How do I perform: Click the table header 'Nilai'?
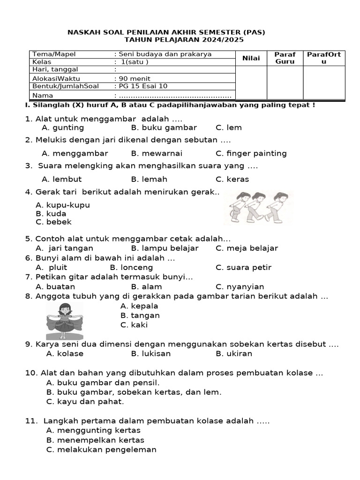click(251, 58)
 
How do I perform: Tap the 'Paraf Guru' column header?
click(285, 58)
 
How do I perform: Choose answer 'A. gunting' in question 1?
click(63, 127)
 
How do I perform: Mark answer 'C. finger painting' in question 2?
click(251, 153)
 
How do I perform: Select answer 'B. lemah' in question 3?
click(149, 179)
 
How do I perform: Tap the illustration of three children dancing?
click(258, 206)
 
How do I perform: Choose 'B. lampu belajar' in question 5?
click(165, 248)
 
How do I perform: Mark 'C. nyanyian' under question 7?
click(240, 286)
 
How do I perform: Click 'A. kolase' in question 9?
click(65, 353)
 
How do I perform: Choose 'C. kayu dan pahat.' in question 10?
click(85, 401)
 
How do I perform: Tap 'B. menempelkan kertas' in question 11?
click(95, 440)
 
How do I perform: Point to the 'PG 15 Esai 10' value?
click(142, 86)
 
